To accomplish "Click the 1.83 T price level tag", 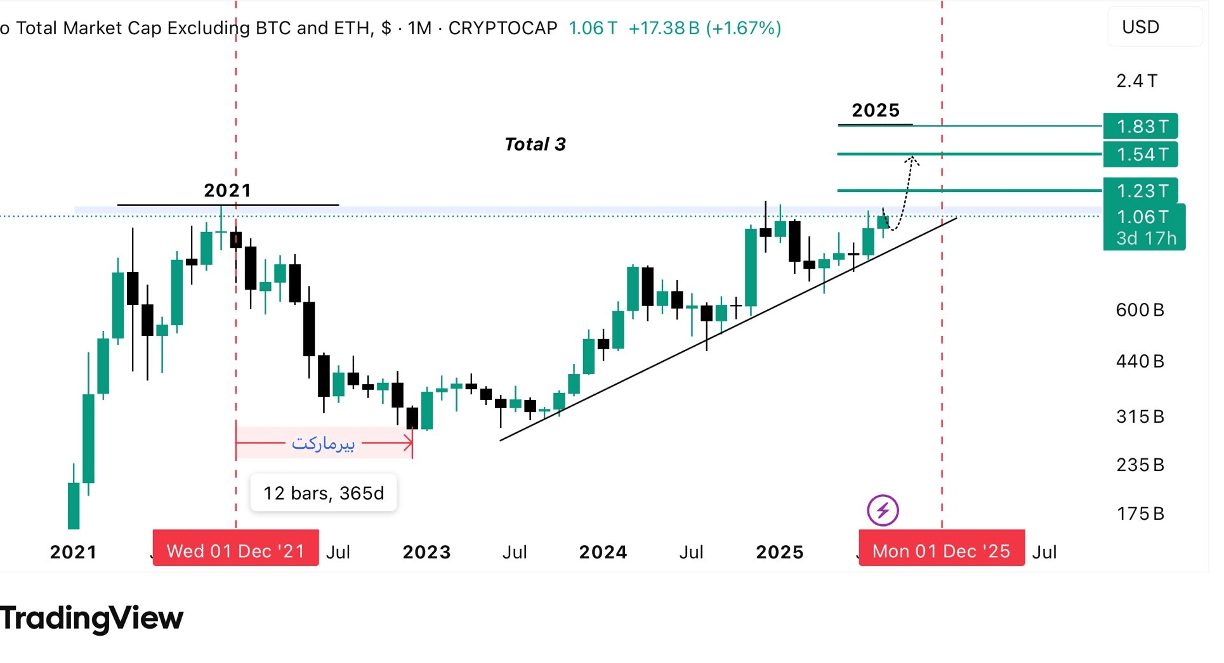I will tap(1140, 126).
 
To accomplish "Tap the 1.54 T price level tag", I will tap(1140, 154).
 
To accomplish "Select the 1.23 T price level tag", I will tap(1140, 190).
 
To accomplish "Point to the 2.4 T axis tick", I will tap(1137, 81).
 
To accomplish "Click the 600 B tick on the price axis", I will tap(1140, 310).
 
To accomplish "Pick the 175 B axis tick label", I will tap(1140, 513).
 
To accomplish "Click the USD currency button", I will tap(1140, 27).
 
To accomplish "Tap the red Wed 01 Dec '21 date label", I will tap(235, 551).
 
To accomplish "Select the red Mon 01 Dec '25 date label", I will tap(941, 551).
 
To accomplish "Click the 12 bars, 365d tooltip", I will tap(324, 493).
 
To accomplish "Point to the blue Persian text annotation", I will tap(323, 443).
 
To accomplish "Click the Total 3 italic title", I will tap(535, 145).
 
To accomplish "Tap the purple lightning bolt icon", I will tap(883, 510).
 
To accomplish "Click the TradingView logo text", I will tap(92, 618).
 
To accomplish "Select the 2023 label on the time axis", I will tap(426, 552).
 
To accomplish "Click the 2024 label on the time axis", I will tap(603, 552).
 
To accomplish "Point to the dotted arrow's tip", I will tap(912, 157).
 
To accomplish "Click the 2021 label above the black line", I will tap(227, 190).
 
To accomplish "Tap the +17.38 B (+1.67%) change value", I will tap(704, 28).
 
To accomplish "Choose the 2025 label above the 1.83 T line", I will tap(876, 110).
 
